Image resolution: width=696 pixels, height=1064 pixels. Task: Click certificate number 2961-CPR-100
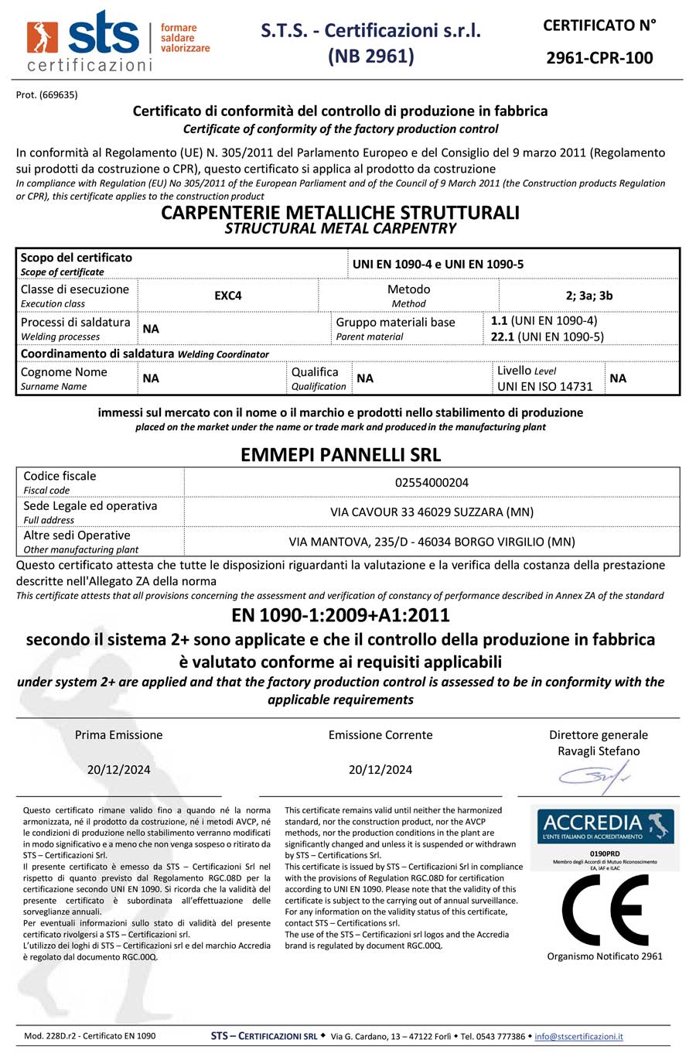599,57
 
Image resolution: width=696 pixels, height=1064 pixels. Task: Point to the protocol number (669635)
46,95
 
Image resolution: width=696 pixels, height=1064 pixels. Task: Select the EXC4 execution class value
228,296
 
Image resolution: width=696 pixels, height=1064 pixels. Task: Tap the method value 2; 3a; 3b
589,296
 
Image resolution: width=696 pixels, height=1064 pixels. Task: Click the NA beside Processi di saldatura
151,329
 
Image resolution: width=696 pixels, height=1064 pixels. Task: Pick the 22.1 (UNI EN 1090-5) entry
548,337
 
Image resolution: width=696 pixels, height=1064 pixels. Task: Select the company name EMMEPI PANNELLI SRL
340,454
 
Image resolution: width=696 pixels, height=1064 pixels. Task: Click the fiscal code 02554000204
432,482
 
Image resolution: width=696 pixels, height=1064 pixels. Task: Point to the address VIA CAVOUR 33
432,512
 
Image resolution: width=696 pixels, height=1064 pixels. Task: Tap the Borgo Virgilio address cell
432,542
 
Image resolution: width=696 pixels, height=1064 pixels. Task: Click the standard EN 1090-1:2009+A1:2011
340,615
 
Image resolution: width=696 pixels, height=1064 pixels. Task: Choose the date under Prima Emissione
118,770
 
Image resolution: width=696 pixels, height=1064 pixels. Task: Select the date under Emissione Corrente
380,770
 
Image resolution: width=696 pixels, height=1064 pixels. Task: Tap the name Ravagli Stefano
599,751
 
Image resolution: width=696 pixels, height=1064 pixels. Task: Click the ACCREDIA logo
605,826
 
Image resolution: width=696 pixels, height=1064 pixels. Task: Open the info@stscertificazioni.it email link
578,1036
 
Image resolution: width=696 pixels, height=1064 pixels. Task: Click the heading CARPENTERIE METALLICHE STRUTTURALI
340,213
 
